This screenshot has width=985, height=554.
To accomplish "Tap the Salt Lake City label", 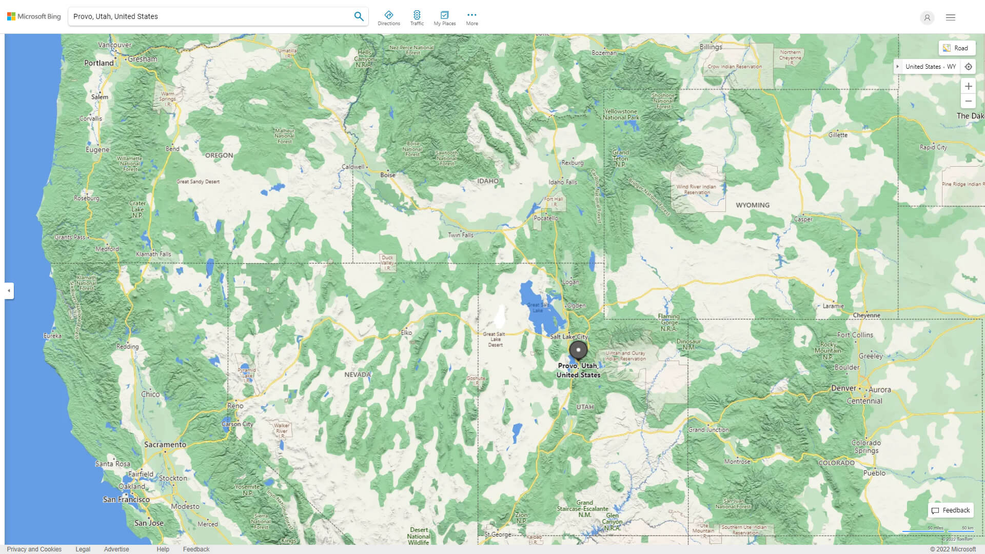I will (x=568, y=337).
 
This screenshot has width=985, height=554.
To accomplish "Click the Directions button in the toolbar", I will (x=389, y=18).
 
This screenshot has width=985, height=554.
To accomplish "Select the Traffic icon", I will (x=417, y=18).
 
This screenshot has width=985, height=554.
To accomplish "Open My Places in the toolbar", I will (x=444, y=18).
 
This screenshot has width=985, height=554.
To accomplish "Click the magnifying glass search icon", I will (x=359, y=16).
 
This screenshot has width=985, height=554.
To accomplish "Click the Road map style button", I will (x=956, y=48).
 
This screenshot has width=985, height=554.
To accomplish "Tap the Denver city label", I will (x=844, y=388).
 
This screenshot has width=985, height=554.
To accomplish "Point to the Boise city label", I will (x=387, y=175).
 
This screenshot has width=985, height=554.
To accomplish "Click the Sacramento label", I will (x=165, y=445).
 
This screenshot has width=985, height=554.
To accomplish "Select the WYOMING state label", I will (x=752, y=205).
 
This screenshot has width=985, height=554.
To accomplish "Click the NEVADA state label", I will (x=357, y=374).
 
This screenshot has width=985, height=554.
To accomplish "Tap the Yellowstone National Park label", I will (x=621, y=114).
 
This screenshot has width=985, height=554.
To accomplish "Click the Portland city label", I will (x=98, y=63).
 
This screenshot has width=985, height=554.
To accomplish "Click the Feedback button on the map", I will (x=951, y=510).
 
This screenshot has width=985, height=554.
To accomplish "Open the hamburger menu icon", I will (x=950, y=17).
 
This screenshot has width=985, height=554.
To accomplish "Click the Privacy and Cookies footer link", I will (x=34, y=549).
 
